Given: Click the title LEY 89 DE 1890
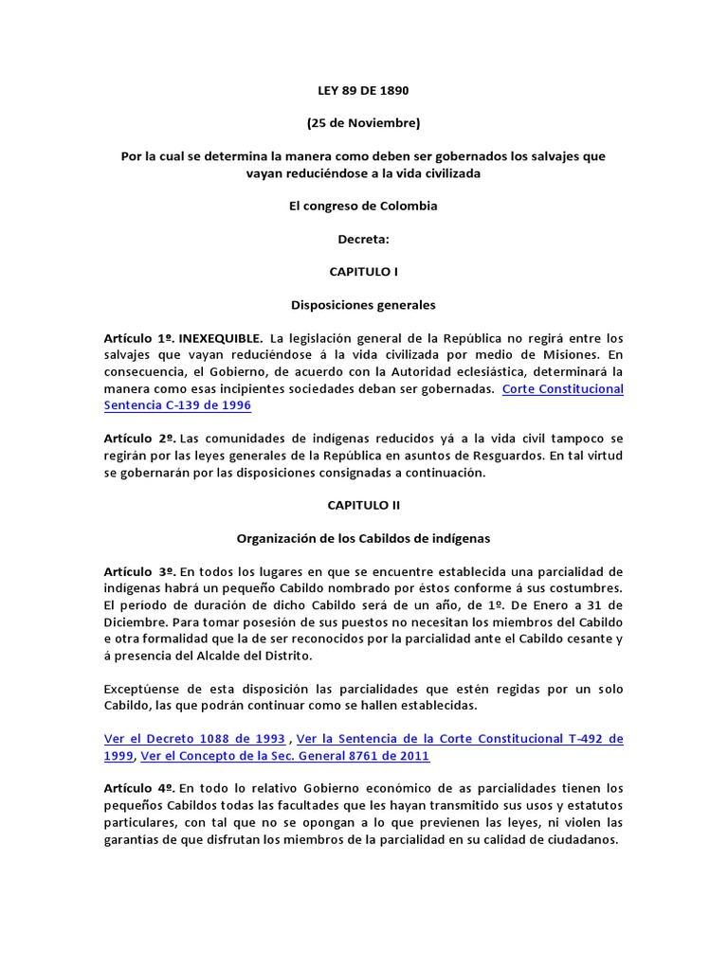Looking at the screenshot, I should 363,90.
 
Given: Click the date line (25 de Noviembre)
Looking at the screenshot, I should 363,122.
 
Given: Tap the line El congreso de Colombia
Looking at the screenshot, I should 363,206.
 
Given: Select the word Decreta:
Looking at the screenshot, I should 363,239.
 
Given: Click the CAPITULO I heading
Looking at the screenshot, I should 363,272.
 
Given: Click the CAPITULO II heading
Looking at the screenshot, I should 363,506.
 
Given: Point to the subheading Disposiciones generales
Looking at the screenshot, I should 363,305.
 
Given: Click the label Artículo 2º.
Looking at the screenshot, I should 139,439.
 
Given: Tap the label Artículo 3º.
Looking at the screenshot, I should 139,572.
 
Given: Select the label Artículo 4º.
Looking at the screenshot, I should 139,788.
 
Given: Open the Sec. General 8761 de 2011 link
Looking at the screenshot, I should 284,755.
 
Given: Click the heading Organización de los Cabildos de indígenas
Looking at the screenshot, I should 363,539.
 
